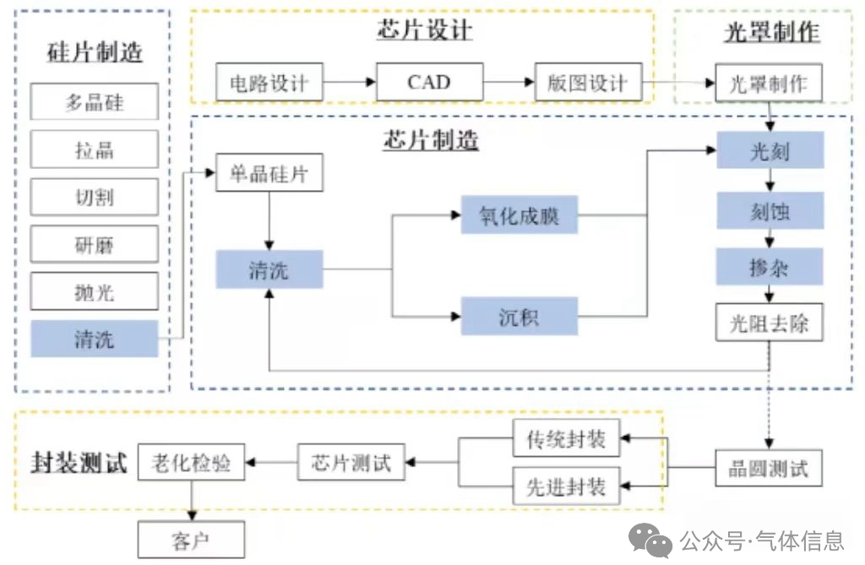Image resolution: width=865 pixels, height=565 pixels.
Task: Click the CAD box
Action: [429, 83]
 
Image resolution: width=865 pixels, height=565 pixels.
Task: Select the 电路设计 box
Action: [269, 83]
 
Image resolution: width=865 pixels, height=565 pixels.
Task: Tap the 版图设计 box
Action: [589, 83]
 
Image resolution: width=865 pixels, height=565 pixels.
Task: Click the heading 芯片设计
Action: [424, 30]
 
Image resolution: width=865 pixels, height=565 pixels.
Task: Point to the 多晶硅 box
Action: [95, 103]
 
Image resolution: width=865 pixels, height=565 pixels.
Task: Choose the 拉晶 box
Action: [95, 150]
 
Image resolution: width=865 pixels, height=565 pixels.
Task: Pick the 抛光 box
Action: [95, 292]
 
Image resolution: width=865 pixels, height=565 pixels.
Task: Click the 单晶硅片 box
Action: [269, 175]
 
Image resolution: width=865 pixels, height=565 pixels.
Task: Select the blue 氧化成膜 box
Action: [519, 216]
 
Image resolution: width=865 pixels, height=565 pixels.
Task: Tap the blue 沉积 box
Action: [519, 318]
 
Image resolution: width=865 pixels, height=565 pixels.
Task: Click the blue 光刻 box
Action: [770, 151]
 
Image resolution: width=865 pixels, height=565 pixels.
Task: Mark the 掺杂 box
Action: [770, 267]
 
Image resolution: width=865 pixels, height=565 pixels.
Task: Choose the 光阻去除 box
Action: [770, 323]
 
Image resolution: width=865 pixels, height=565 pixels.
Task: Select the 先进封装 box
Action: [566, 486]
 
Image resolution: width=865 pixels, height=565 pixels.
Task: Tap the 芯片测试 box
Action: [351, 462]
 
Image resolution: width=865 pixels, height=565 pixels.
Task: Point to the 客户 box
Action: [191, 539]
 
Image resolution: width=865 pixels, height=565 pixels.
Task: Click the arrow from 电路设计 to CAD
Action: [349, 83]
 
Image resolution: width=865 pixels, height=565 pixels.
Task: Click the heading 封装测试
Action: [79, 463]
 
